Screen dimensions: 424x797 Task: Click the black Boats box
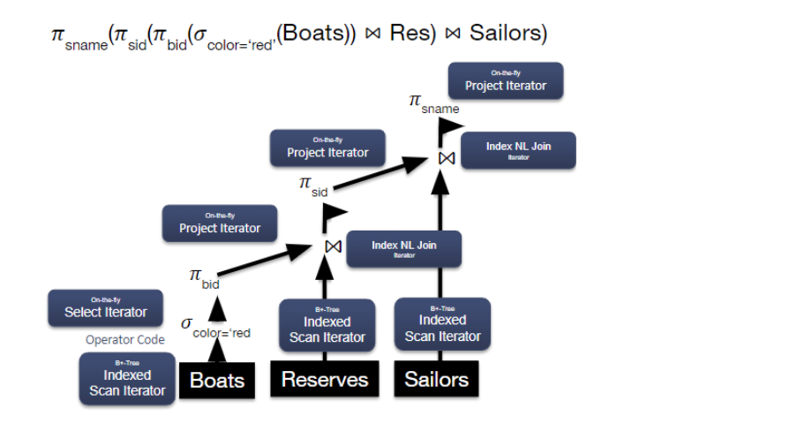(x=216, y=381)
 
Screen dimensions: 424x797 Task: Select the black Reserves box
(x=324, y=380)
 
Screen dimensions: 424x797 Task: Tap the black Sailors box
(x=436, y=379)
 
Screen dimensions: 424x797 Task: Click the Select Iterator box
(x=106, y=308)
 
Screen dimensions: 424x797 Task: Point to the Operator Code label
(x=124, y=340)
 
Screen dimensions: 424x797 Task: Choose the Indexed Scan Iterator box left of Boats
(x=127, y=379)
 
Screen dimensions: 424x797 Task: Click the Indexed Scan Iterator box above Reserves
(x=327, y=325)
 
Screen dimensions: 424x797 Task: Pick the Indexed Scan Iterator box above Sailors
(x=442, y=323)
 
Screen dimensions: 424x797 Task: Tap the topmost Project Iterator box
(x=506, y=81)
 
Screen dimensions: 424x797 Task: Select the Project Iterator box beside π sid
(x=327, y=148)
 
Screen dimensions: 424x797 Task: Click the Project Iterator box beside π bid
(x=220, y=224)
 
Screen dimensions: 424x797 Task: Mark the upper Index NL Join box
(x=518, y=150)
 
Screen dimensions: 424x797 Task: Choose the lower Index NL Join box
(x=403, y=249)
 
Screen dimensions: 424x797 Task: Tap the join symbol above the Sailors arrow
(x=447, y=157)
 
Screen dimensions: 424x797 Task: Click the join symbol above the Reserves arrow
(x=333, y=246)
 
